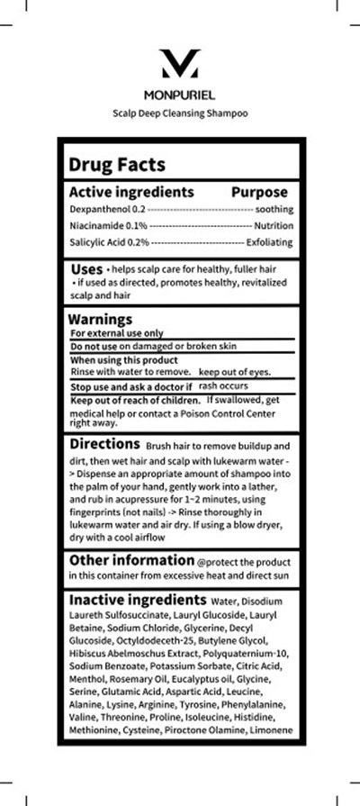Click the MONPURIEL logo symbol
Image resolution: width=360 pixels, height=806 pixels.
coord(179,66)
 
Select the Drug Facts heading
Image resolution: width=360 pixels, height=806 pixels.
coord(117,164)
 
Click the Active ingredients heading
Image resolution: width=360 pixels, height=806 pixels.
coord(131,192)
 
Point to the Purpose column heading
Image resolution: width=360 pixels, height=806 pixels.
coord(259,192)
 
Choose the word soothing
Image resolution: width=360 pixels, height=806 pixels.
coord(268,208)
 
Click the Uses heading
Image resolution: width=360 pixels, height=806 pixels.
coord(86,268)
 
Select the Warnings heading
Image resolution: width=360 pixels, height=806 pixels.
coord(101,319)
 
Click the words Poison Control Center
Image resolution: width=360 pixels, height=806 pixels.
coord(238,412)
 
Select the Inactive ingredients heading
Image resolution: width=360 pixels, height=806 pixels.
coord(138,599)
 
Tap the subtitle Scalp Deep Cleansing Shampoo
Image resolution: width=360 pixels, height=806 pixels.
coord(179,113)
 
